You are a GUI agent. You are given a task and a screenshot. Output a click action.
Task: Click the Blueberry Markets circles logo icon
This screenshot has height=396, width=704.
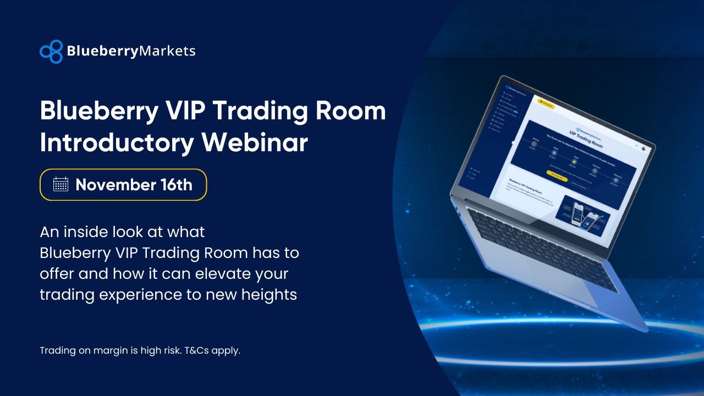51,51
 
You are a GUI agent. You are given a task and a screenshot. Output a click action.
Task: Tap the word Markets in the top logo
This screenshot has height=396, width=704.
167,51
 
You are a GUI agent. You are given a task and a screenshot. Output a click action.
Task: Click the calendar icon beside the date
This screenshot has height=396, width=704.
61,184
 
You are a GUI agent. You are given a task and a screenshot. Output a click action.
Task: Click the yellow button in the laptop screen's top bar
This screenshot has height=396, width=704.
546,103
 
